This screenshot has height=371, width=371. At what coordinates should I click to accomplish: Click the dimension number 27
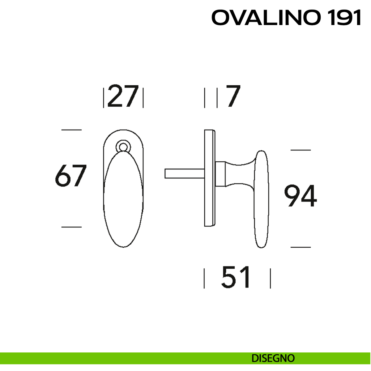pyautogui.click(x=123, y=96)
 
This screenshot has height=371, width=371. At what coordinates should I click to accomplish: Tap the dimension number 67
pyautogui.click(x=70, y=176)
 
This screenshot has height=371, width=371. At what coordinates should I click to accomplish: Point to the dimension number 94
pyautogui.click(x=301, y=196)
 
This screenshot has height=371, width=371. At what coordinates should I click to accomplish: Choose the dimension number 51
pyautogui.click(x=236, y=277)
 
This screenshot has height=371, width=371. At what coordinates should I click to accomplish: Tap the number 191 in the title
pyautogui.click(x=343, y=18)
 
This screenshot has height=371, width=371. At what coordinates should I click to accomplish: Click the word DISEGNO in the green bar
pyautogui.click(x=273, y=358)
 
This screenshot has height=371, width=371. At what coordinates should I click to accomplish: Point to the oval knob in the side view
pyautogui.click(x=262, y=199)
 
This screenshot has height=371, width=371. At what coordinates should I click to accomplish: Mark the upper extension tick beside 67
pyautogui.click(x=71, y=130)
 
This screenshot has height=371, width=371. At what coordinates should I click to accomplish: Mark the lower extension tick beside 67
pyautogui.click(x=71, y=227)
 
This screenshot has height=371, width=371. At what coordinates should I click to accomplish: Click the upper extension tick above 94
pyautogui.click(x=301, y=150)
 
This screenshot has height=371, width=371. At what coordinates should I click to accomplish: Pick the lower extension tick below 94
pyautogui.click(x=301, y=247)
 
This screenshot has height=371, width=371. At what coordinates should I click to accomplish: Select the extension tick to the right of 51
pyautogui.click(x=271, y=278)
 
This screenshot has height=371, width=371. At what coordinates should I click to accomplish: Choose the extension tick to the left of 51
pyautogui.click(x=204, y=278)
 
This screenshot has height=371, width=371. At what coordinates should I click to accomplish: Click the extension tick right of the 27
pyautogui.click(x=143, y=98)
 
